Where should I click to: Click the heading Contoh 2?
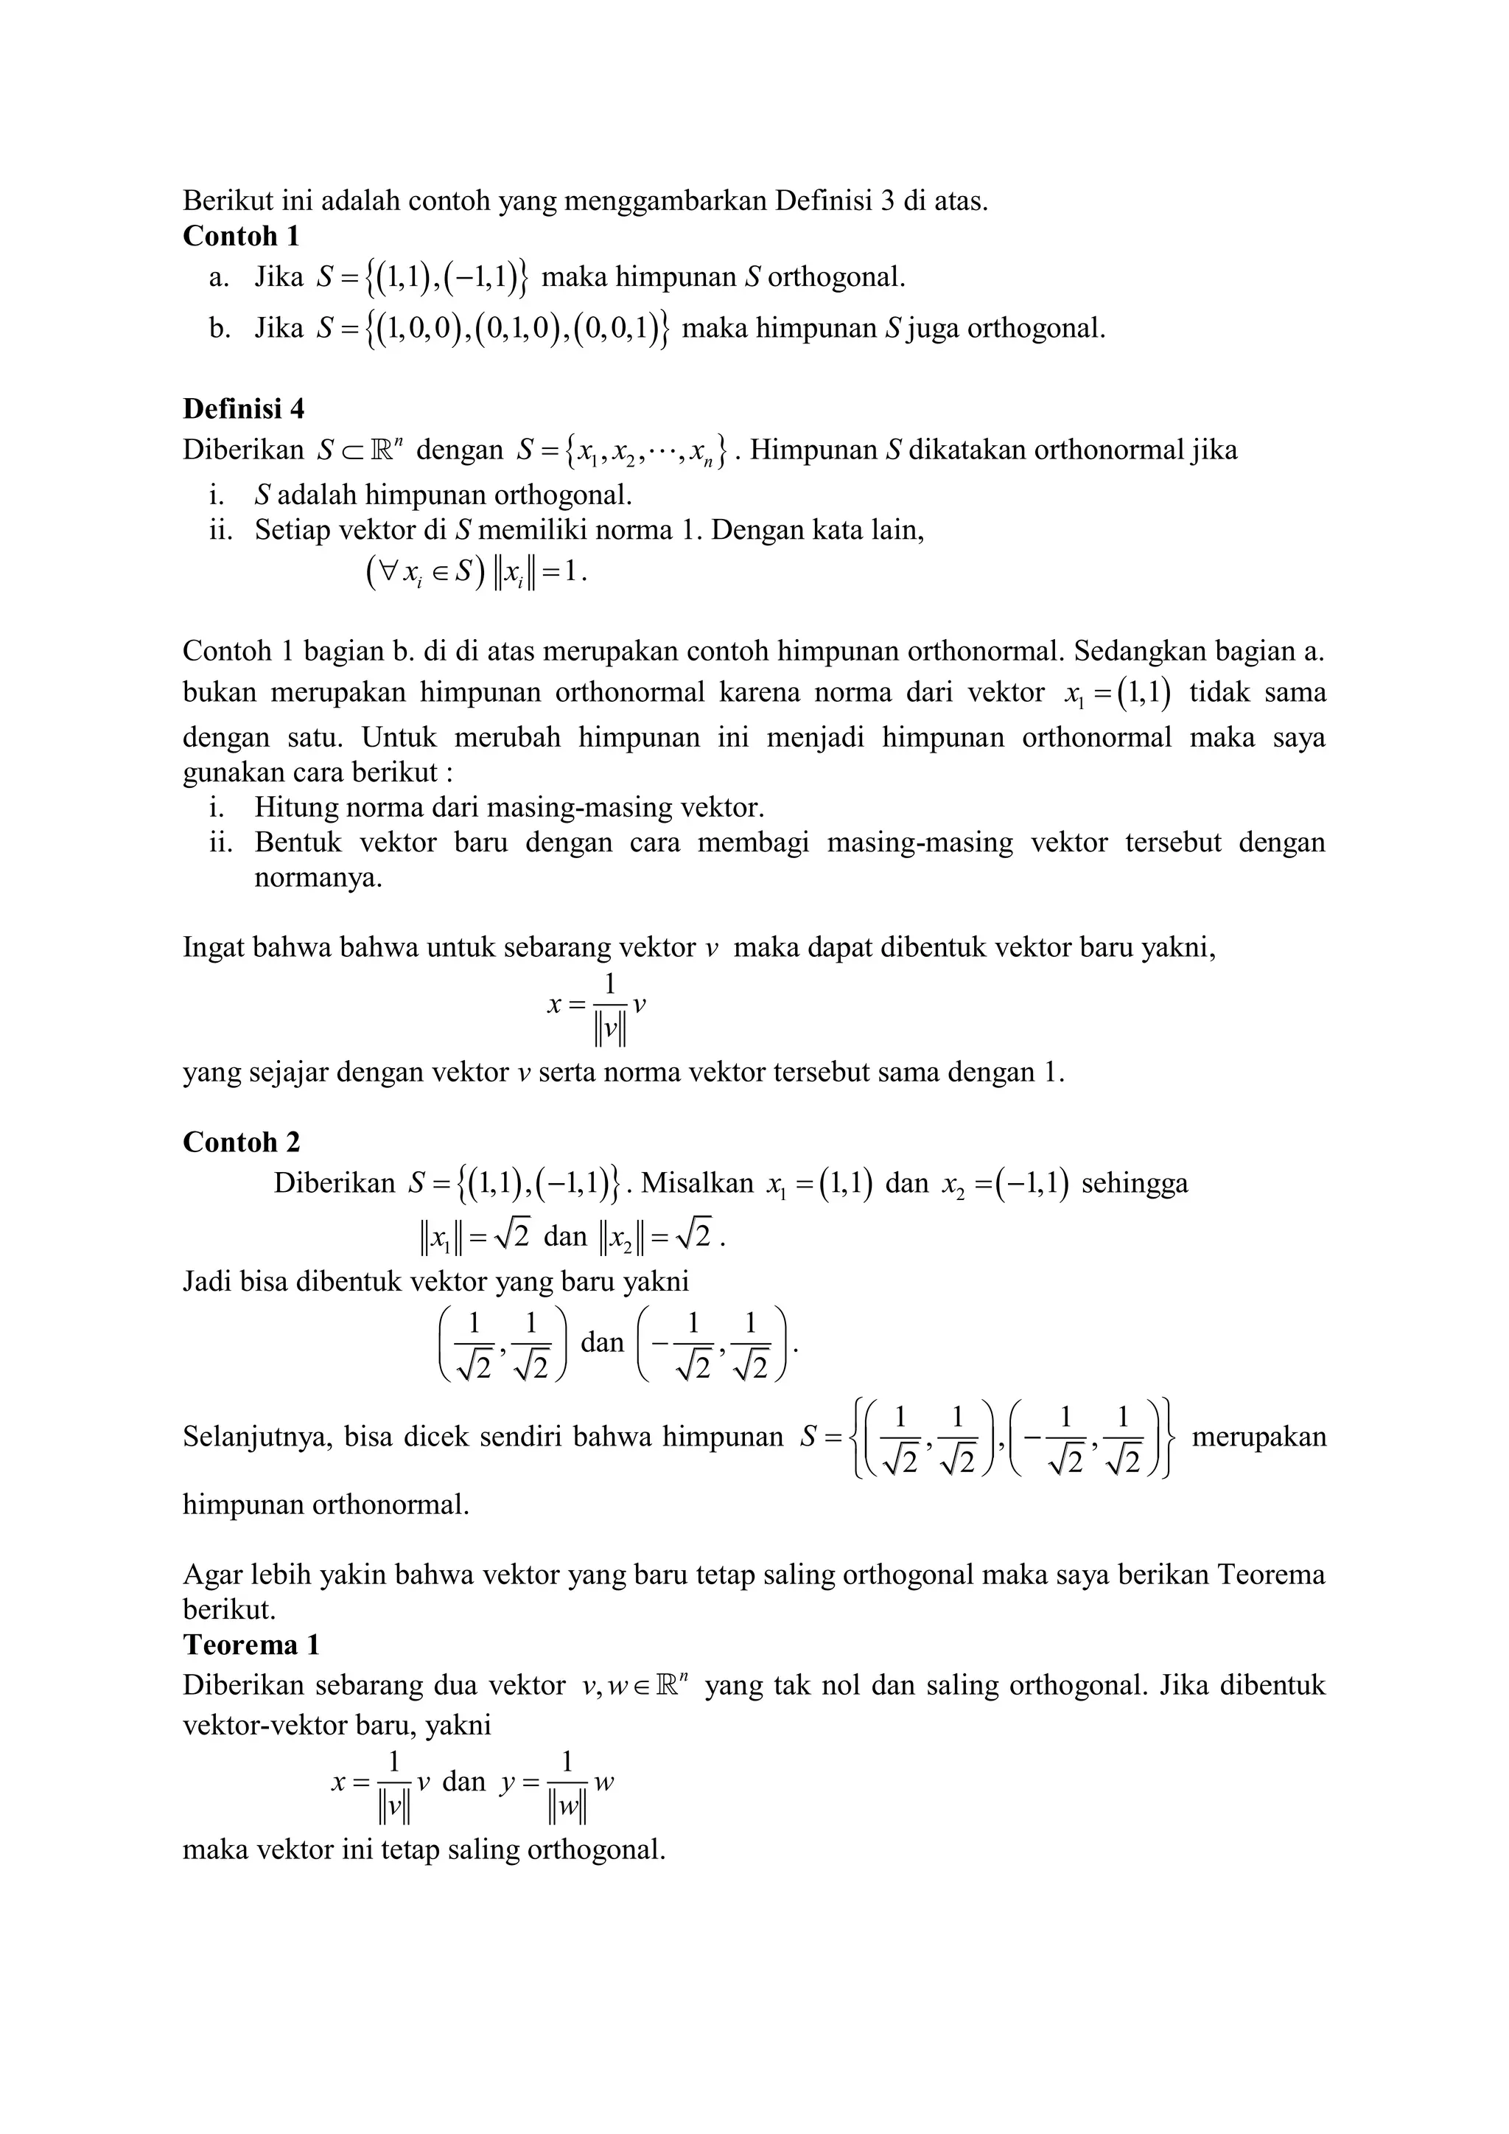(241, 1143)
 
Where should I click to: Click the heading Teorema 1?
(251, 1645)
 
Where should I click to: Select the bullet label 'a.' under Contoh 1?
(220, 277)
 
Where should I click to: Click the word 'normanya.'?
(318, 877)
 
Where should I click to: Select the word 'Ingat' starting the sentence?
(213, 948)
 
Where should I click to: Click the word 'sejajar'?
(284, 1073)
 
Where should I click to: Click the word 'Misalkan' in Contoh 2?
(697, 1183)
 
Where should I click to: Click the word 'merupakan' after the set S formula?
(1258, 1437)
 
